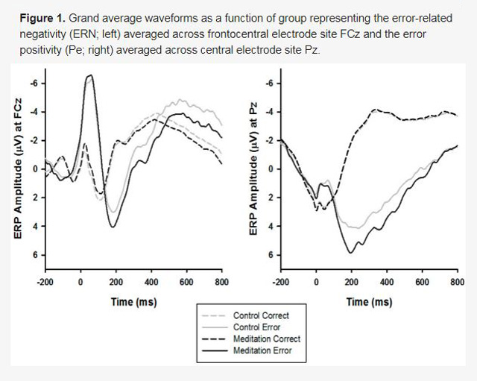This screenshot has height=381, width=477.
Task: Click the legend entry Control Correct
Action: point(261,315)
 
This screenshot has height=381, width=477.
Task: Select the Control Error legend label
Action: point(256,327)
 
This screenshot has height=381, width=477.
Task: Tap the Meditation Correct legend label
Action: point(267,339)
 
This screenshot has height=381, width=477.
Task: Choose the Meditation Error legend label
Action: point(262,350)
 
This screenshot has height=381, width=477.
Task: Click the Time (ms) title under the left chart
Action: point(134,302)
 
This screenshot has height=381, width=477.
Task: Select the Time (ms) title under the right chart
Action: point(370,302)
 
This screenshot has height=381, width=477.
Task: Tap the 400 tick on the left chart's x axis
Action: point(151,282)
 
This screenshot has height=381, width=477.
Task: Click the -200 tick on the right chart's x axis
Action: point(280,282)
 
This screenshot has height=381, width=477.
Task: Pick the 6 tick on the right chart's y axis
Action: point(271,255)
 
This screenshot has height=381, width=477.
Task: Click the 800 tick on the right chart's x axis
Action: point(458,282)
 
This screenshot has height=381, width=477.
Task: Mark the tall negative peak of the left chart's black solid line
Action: point(91,75)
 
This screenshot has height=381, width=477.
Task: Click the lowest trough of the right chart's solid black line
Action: point(351,253)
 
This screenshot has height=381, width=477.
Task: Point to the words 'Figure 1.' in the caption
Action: point(42,18)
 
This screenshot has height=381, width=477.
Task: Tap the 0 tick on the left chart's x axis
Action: point(80,282)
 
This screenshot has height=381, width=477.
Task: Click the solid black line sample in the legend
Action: point(215,350)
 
